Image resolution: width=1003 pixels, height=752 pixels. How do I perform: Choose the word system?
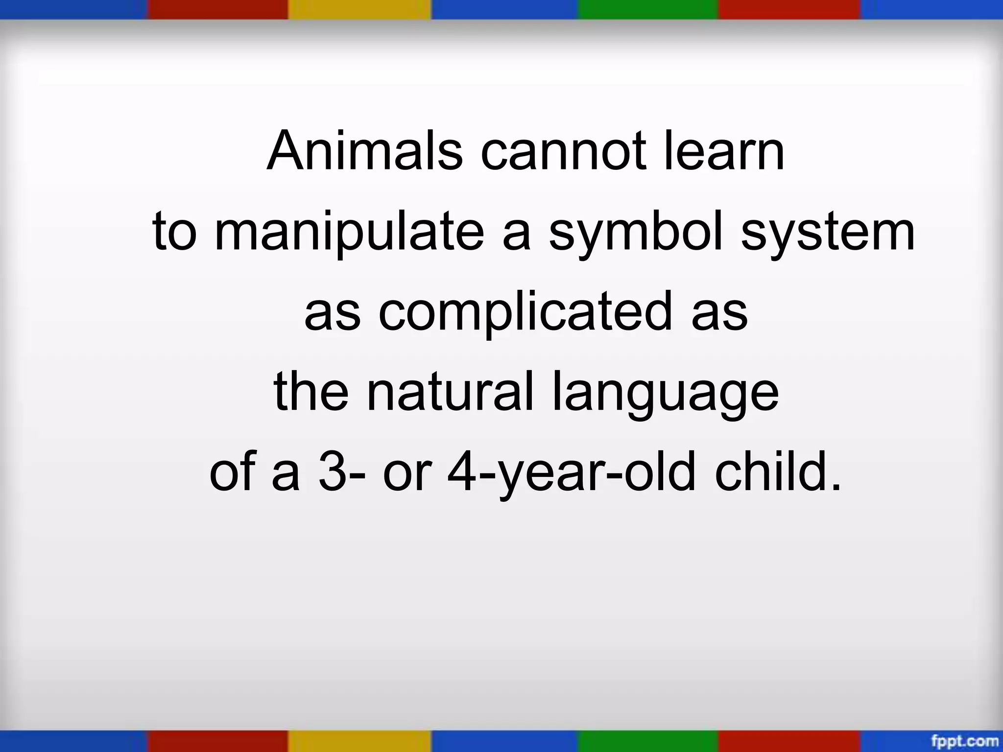coord(828,232)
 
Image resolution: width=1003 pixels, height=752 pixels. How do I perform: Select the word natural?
coord(451,392)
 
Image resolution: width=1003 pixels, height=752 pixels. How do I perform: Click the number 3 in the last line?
coord(330,473)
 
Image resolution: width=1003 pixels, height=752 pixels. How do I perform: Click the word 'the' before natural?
coord(311,392)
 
